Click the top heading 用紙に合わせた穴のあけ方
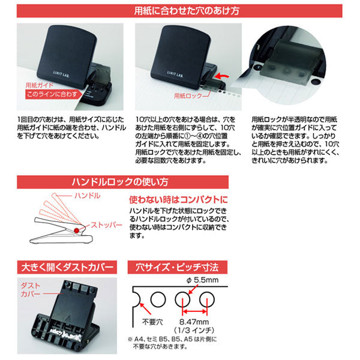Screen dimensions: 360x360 [x=180, y=10]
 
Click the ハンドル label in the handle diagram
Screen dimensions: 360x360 [x=84, y=197]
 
